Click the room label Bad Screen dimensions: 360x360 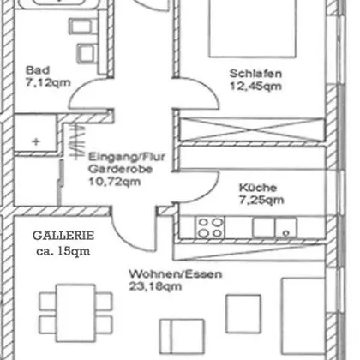(38, 70)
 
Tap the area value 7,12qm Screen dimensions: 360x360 (48, 83)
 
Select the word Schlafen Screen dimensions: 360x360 (255, 74)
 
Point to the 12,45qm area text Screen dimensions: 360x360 (255, 86)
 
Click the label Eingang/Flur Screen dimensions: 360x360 (127, 157)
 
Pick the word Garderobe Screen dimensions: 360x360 (120, 169)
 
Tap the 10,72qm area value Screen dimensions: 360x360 (115, 182)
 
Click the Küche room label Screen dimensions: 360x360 (258, 188)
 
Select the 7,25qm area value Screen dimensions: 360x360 (261, 200)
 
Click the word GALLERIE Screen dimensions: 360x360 (63, 236)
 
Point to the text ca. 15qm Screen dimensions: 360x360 (63, 251)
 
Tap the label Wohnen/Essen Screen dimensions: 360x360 (176, 274)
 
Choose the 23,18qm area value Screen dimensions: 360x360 (155, 286)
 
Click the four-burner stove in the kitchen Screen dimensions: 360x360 (210, 227)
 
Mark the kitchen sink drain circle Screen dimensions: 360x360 (286, 233)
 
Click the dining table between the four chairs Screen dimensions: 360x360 (75, 313)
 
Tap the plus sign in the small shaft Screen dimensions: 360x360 (36, 141)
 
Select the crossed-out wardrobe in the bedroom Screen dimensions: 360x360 (252, 129)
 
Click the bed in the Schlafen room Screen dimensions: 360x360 (253, 28)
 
